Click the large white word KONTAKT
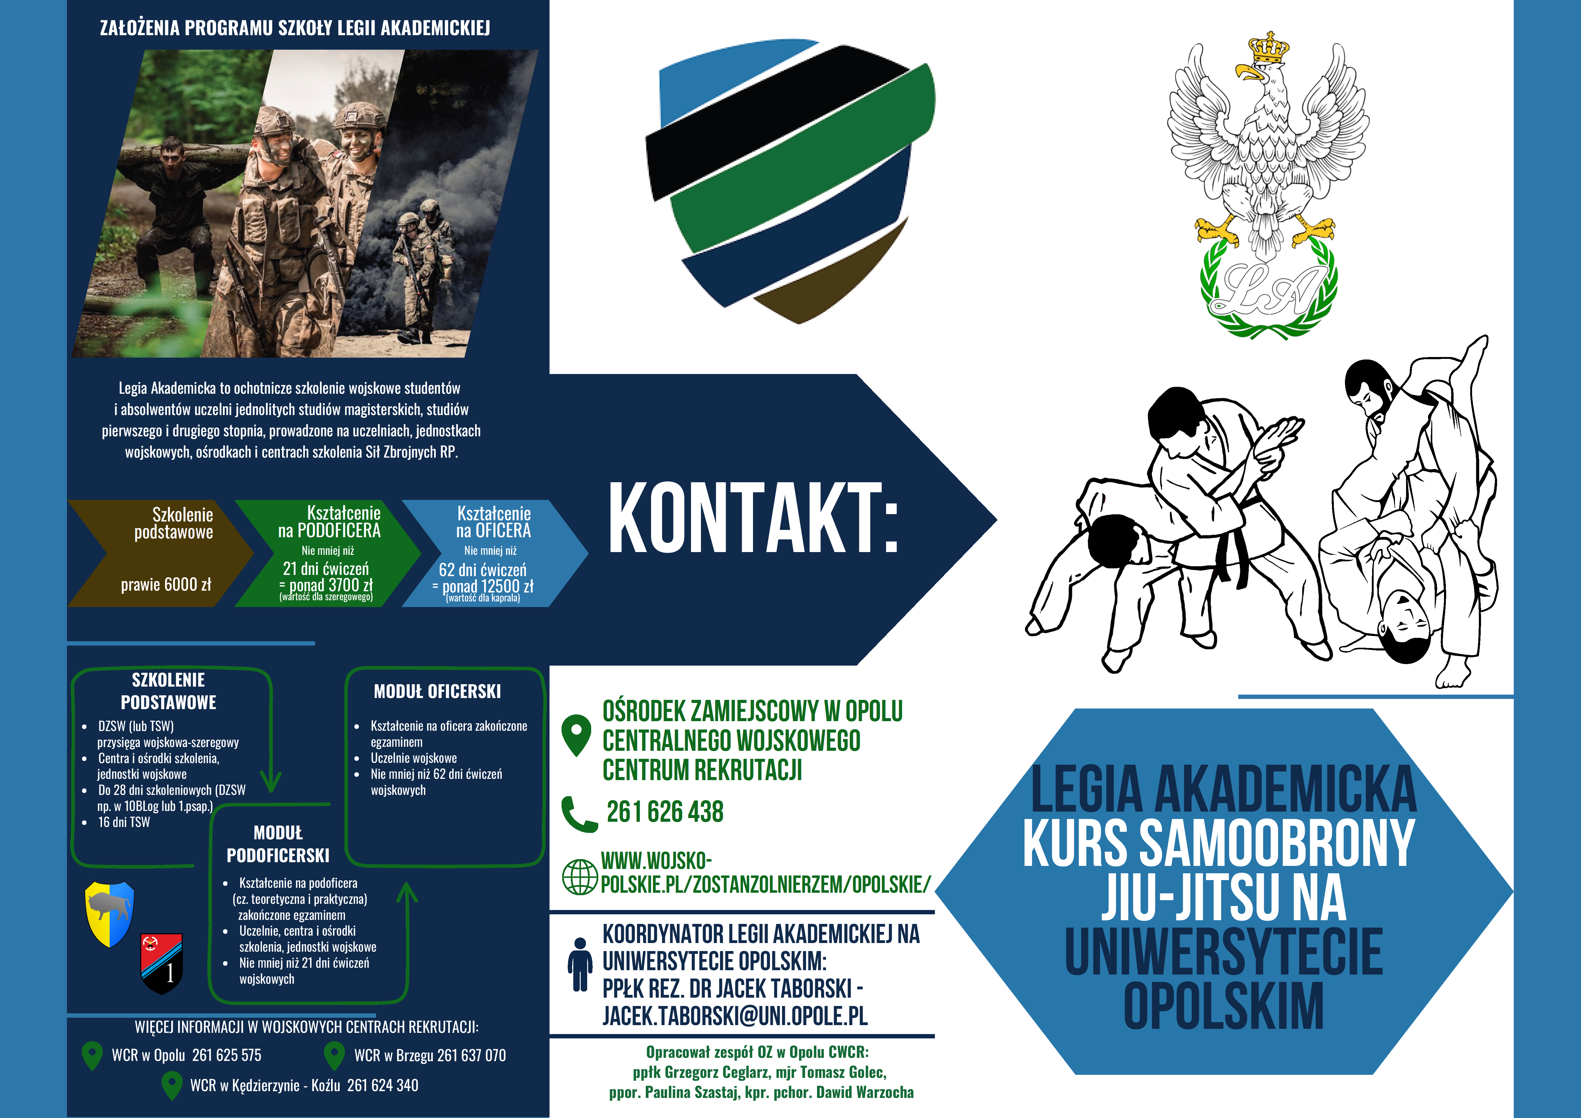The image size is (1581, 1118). [x=754, y=518]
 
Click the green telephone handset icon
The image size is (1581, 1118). [x=579, y=814]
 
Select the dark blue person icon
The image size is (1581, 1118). [x=580, y=964]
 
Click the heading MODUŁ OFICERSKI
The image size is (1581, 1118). [x=437, y=692]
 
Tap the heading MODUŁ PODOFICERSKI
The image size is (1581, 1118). [x=278, y=844]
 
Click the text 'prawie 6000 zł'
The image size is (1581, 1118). [x=166, y=585]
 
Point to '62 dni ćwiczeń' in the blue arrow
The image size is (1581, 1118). [x=483, y=570]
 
